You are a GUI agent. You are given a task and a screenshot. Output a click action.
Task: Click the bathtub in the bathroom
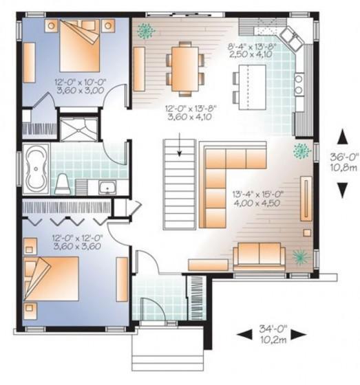[36, 169]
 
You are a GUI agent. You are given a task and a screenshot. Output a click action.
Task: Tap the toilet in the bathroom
[62, 184]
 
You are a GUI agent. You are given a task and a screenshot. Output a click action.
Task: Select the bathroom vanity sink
[107, 187]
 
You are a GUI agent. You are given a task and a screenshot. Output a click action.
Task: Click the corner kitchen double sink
[290, 38]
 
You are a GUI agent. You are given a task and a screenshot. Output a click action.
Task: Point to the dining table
[185, 69]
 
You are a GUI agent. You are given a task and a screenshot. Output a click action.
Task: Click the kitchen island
[253, 87]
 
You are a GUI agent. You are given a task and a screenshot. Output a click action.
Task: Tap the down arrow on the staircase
[180, 144]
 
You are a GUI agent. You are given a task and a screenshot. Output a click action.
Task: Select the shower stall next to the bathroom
[79, 129]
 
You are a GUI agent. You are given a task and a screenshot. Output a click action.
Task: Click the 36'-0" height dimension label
[343, 157]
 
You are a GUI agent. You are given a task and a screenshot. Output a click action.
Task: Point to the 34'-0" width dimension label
[273, 329]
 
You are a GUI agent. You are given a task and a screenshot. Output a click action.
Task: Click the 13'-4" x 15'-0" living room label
[258, 194]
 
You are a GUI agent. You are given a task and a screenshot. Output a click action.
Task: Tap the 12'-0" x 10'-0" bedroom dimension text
[80, 81]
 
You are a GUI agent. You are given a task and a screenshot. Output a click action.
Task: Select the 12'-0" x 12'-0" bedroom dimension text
[77, 238]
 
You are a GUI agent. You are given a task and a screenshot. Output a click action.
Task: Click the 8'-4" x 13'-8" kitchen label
[253, 46]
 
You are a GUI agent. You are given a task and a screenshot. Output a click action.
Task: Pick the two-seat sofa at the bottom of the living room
[260, 255]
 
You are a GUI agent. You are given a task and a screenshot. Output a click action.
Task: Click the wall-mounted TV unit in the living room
[306, 199]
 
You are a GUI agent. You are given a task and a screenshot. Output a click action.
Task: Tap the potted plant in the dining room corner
[146, 30]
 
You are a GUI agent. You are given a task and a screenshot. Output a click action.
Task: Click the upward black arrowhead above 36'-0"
[343, 137]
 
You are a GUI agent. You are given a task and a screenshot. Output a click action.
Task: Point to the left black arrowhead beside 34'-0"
[244, 334]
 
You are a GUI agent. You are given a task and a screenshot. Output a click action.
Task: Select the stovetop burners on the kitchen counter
[299, 85]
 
